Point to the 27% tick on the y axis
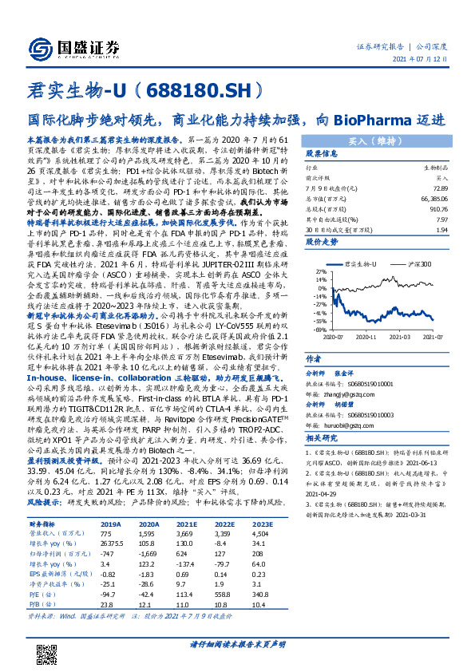click(x=319, y=304)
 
